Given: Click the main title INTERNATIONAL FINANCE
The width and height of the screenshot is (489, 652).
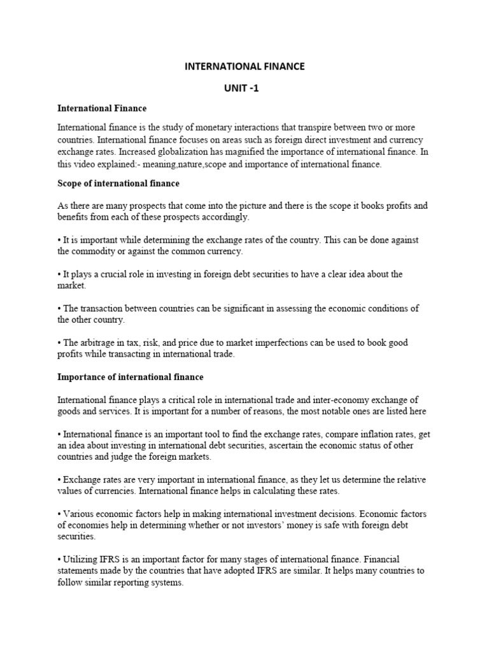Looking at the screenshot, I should pyautogui.click(x=244, y=66).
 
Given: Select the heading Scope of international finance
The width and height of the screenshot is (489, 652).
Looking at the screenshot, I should pyautogui.click(x=118, y=183).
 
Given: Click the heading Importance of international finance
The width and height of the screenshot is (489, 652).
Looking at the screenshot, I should pyautogui.click(x=131, y=377).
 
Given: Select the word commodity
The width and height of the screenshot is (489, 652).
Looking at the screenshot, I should pyautogui.click(x=93, y=251).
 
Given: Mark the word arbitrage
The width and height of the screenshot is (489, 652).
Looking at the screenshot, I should pyautogui.click(x=101, y=343).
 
